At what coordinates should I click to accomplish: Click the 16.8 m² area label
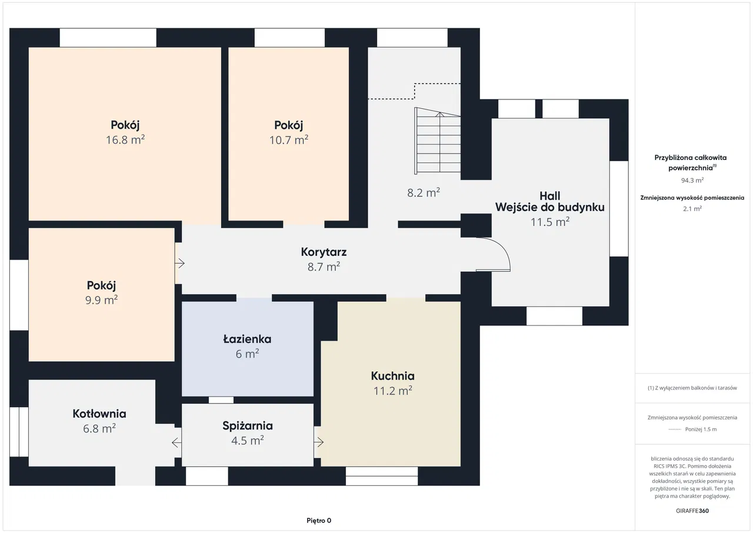tap(125, 139)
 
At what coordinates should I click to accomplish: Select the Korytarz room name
tap(324, 252)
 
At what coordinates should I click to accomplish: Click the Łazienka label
tap(248, 339)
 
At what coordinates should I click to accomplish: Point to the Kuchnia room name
tap(392, 376)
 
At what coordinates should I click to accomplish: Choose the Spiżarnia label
tap(248, 426)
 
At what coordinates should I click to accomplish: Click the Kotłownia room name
tap(99, 414)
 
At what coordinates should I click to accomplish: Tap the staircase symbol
tap(437, 141)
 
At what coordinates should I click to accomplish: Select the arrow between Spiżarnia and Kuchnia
tap(319, 442)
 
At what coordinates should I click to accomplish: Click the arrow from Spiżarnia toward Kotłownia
tap(177, 442)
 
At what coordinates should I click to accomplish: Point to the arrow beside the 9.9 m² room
tap(180, 264)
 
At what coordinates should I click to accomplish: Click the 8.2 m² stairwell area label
tap(424, 192)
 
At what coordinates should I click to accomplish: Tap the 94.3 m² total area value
tap(692, 180)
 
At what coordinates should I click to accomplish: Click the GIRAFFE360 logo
tap(692, 511)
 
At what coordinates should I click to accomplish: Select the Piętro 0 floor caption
tap(319, 521)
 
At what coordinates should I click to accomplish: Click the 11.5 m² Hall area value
tap(550, 222)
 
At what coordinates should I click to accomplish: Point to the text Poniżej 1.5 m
tap(701, 429)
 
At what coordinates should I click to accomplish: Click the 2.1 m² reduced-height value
tap(692, 209)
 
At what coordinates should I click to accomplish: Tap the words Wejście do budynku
tap(550, 207)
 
